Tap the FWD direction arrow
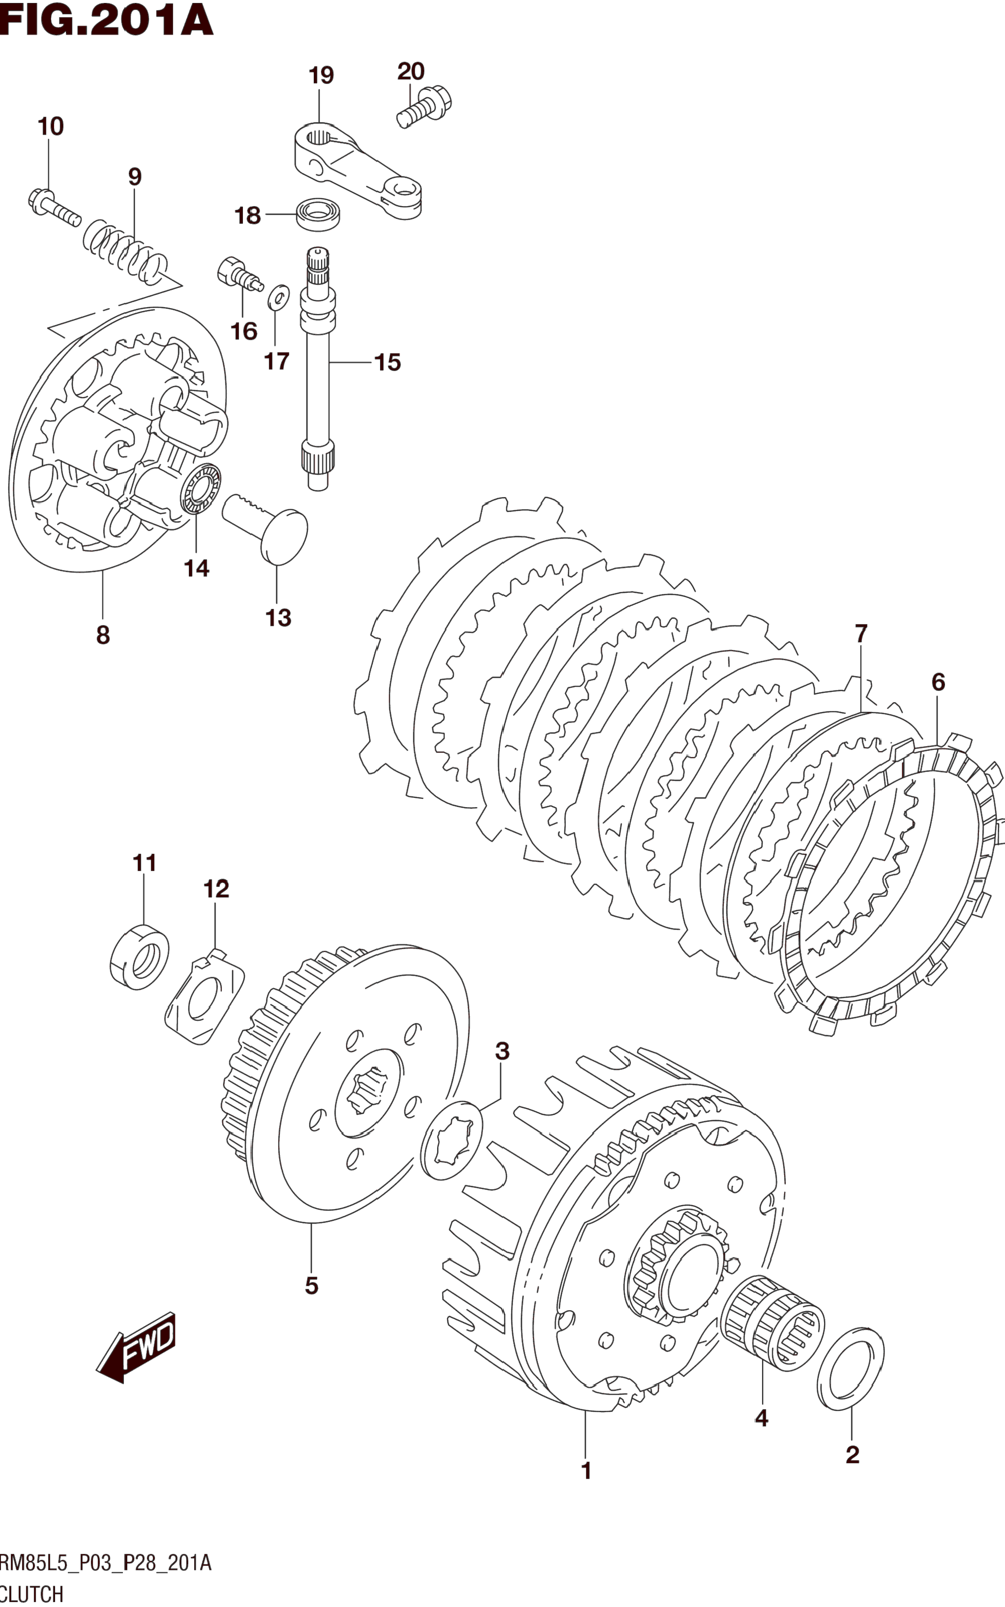(x=136, y=1347)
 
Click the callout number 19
(x=321, y=75)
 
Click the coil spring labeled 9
(x=125, y=251)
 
